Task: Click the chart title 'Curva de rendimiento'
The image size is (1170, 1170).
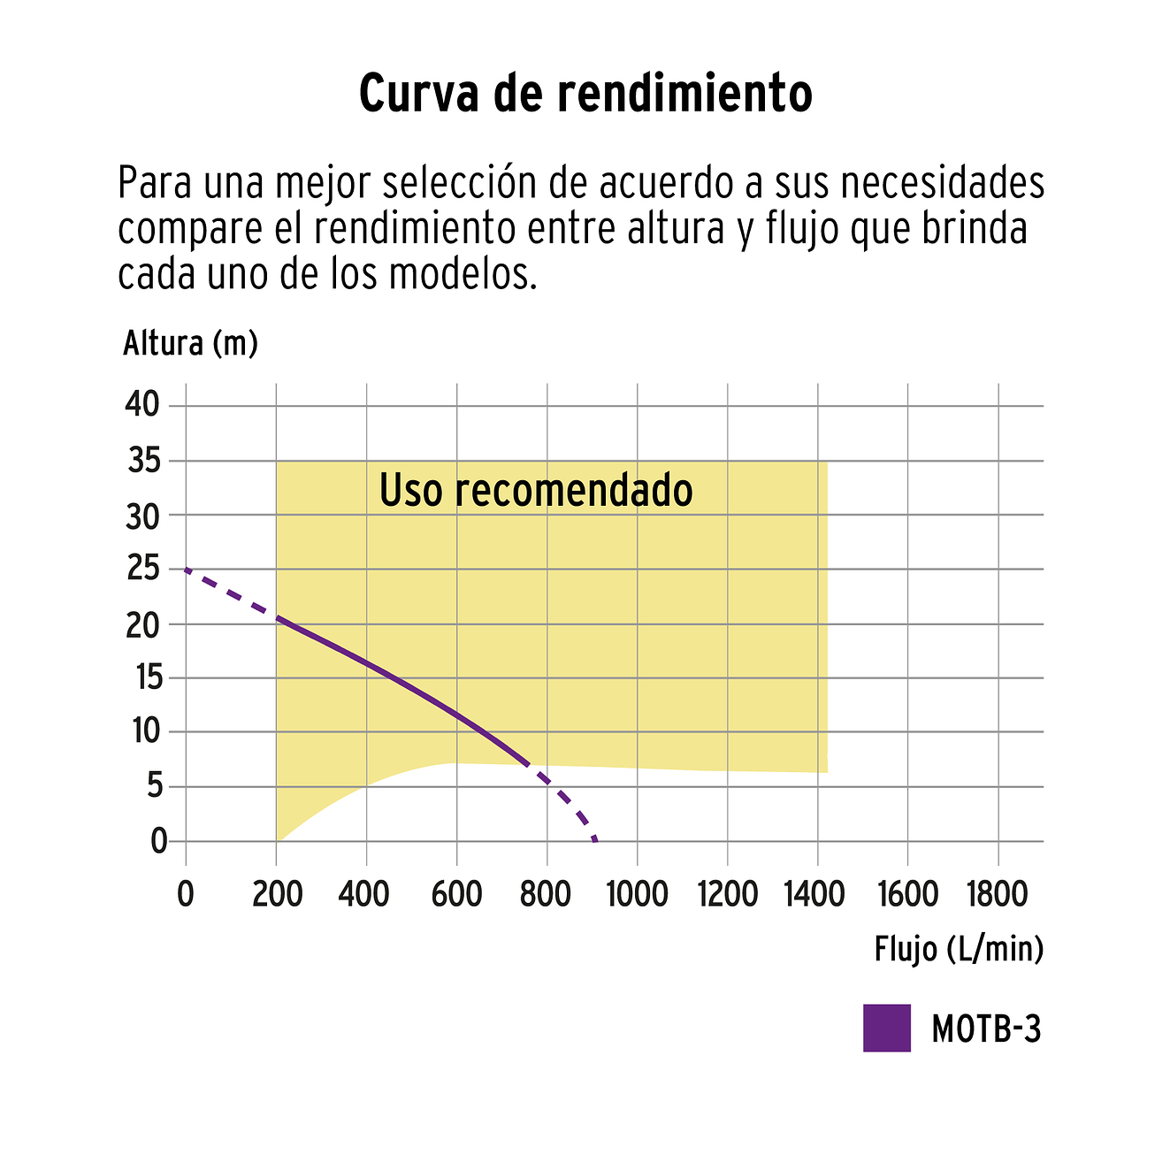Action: pos(585,93)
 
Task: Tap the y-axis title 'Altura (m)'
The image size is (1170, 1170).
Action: pos(190,343)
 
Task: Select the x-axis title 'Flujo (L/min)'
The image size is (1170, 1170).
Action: pos(959,949)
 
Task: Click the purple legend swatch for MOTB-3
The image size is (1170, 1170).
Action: pos(886,1028)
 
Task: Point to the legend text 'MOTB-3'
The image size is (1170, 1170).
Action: pos(986,1029)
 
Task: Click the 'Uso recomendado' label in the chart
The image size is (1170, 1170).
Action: pos(535,490)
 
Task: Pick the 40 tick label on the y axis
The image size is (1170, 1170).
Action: pos(142,406)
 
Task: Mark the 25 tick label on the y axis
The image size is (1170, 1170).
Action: pos(142,569)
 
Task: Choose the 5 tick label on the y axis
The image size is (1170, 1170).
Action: pos(156,786)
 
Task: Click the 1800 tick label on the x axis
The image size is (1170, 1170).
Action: pos(998,895)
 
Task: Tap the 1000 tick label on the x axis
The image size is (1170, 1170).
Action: pos(637,895)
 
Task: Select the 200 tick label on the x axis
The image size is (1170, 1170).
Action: pos(277,895)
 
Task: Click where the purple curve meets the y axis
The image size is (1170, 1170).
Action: pos(186,570)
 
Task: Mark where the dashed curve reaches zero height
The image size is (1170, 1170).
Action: pos(595,840)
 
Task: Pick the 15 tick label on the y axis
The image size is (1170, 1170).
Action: pos(144,678)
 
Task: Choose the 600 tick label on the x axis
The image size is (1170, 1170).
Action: pos(456,895)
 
